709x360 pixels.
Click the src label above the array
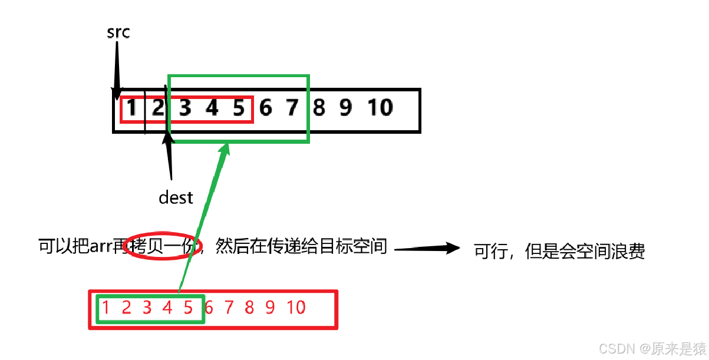pyautogui.click(x=118, y=32)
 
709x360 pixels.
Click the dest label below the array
pyautogui.click(x=176, y=198)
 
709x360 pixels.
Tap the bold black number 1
pyautogui.click(x=131, y=108)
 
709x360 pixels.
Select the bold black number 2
pyautogui.click(x=159, y=108)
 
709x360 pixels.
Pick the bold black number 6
pyautogui.click(x=266, y=108)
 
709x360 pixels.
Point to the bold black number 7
pyautogui.click(x=292, y=108)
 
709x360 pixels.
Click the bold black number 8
pyautogui.click(x=319, y=108)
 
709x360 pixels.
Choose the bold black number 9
pyautogui.click(x=345, y=108)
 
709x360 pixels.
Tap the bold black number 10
pyautogui.click(x=380, y=108)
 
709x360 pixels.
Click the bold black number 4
pyautogui.click(x=212, y=108)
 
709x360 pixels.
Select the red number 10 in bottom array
pyautogui.click(x=296, y=307)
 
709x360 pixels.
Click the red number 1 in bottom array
pyautogui.click(x=105, y=307)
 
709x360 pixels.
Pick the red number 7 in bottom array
pyautogui.click(x=229, y=307)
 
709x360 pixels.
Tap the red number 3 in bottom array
pyautogui.click(x=147, y=307)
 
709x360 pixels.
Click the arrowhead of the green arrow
pyautogui.click(x=225, y=149)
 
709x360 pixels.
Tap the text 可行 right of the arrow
pyautogui.click(x=491, y=252)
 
